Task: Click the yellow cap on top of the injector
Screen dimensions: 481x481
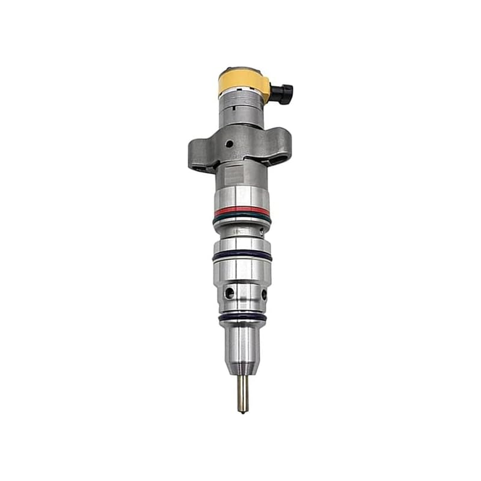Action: click(x=243, y=82)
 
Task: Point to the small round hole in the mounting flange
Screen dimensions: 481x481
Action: click(x=228, y=144)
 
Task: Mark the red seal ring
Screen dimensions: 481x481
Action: click(x=242, y=212)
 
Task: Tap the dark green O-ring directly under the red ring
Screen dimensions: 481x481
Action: click(x=242, y=219)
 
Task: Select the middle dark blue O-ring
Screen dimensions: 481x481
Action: click(x=242, y=256)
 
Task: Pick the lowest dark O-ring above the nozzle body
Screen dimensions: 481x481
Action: click(x=242, y=316)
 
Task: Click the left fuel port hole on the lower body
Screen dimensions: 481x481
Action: click(x=228, y=293)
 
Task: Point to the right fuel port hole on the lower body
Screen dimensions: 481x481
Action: click(x=263, y=294)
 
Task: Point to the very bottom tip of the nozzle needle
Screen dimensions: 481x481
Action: click(x=243, y=411)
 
